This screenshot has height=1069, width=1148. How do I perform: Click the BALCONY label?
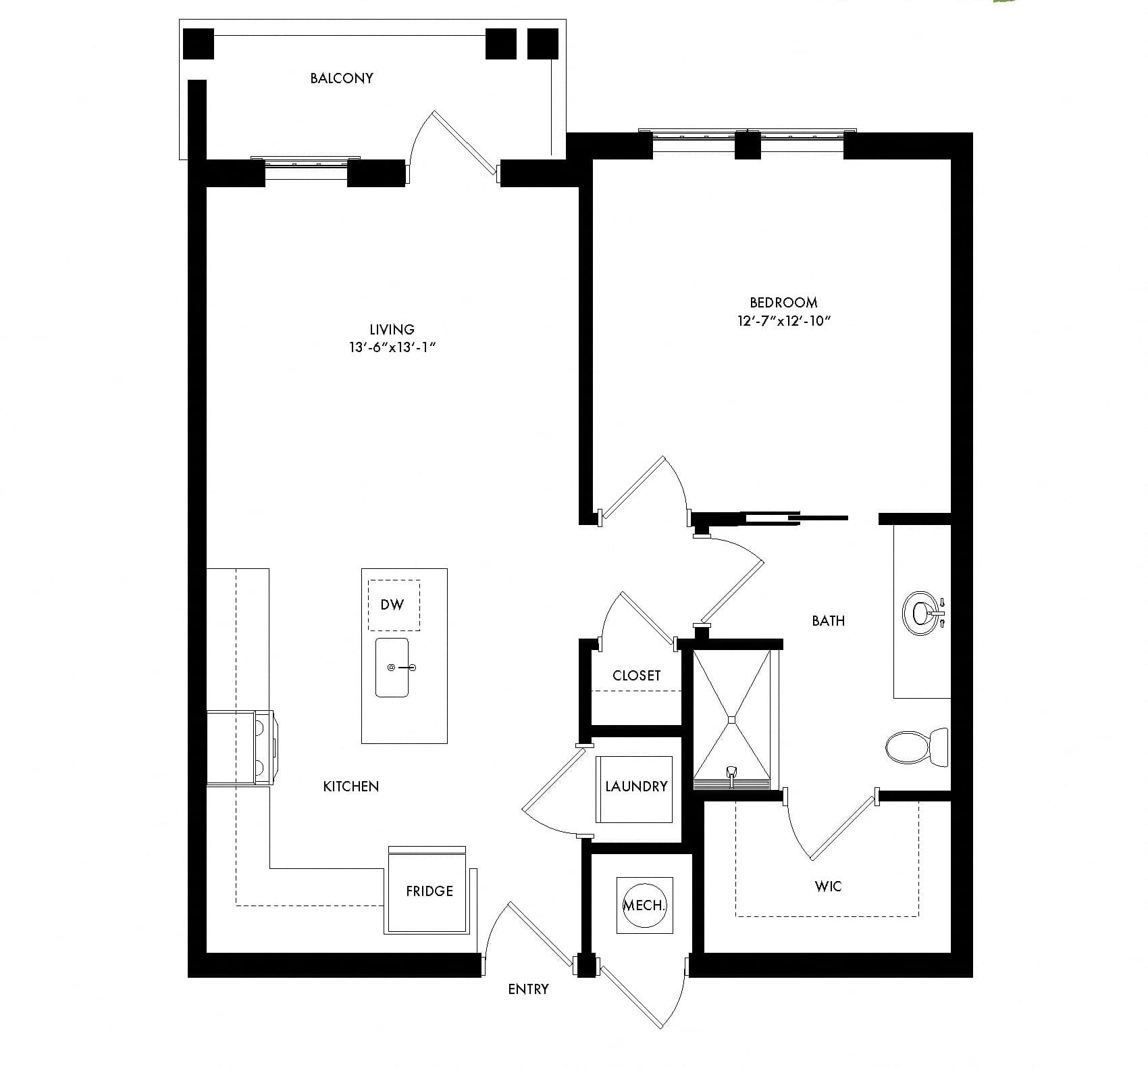341,78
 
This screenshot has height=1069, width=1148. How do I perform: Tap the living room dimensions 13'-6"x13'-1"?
392,348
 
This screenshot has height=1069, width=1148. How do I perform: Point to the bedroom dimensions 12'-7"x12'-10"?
783,321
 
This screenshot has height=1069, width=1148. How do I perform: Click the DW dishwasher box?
393,605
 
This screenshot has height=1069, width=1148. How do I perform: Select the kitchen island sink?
392,668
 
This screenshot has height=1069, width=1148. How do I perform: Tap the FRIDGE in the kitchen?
428,891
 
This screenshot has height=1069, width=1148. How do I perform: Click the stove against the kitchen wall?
240,747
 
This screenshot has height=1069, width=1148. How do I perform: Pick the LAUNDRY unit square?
635,789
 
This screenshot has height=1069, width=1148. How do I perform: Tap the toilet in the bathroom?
917,747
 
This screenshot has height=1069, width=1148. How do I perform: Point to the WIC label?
828,886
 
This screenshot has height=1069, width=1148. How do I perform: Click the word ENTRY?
528,989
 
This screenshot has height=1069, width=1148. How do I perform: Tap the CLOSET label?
636,676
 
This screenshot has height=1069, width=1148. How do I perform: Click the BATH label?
828,621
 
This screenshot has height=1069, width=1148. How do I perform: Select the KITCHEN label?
350,787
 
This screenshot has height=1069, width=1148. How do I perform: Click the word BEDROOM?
783,303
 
